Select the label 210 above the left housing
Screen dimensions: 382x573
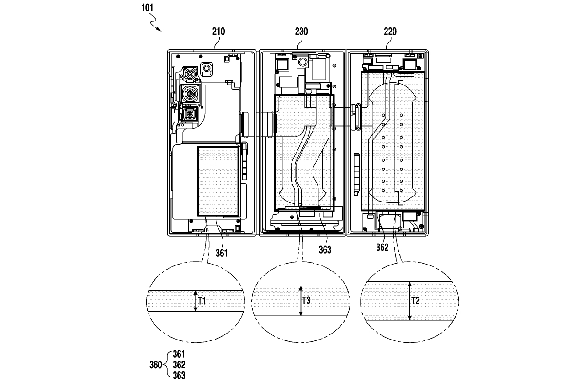(218, 32)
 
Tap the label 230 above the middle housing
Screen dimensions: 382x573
(301, 32)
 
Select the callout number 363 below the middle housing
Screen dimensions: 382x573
(325, 250)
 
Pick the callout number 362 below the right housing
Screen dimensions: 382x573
(382, 248)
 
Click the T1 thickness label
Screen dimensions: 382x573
(202, 301)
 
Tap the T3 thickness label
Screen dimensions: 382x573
(307, 301)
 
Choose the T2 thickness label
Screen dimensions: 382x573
(415, 301)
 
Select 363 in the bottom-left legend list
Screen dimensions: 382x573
(179, 376)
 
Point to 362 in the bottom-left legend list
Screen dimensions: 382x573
(179, 365)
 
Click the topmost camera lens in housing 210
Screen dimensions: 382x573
(189, 73)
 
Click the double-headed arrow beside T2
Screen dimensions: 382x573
(410, 301)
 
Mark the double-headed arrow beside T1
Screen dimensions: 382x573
(196, 301)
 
